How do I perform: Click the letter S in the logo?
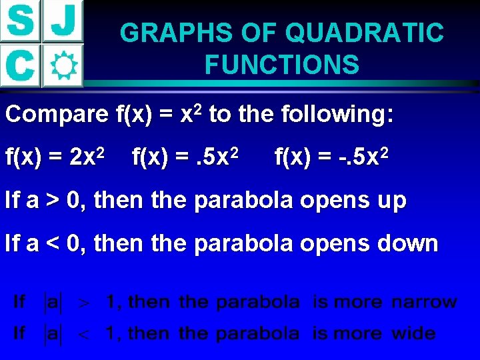pyautogui.click(x=20, y=21)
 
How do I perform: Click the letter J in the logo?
pyautogui.click(x=63, y=21)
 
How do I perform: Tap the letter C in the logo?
pyautogui.click(x=20, y=65)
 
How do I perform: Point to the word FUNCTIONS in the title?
pyautogui.click(x=282, y=65)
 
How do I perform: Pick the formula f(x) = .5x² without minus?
pyautogui.click(x=189, y=158)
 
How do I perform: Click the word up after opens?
pyautogui.click(x=388, y=201)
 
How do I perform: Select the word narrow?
pyautogui.click(x=424, y=301)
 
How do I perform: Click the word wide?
pyautogui.click(x=413, y=333)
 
